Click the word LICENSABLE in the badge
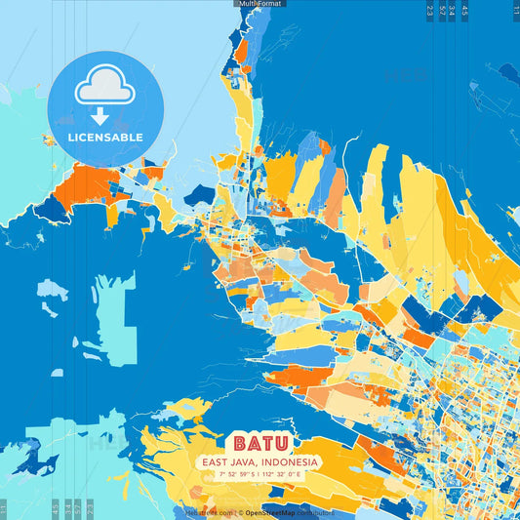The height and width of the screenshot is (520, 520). pyautogui.click(x=105, y=138)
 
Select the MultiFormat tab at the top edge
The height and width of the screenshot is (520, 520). pyautogui.click(x=260, y=4)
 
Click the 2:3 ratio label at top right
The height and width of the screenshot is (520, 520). pyautogui.click(x=430, y=11)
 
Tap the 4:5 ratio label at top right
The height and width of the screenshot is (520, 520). pyautogui.click(x=464, y=11)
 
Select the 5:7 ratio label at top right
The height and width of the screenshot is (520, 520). pyautogui.click(x=442, y=11)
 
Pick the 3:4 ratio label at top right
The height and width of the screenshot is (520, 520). pyautogui.click(x=453, y=11)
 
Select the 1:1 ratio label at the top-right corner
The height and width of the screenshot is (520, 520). pyautogui.click(x=515, y=11)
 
